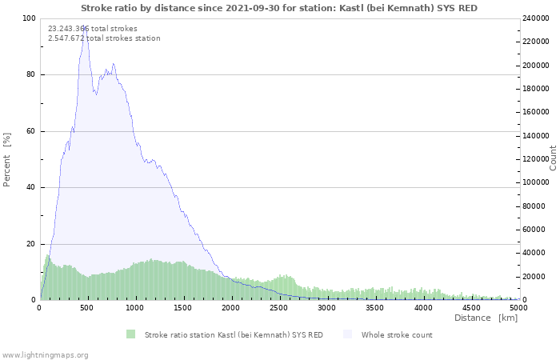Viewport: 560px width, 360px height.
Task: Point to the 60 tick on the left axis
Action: click(31, 131)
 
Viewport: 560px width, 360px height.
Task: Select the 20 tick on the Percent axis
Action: click(31, 244)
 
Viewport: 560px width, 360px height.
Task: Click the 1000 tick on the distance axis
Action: click(135, 307)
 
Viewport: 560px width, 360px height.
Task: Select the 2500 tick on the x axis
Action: click(279, 307)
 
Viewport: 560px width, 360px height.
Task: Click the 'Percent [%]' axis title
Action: click(7, 159)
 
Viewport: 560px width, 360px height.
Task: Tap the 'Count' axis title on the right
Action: click(553, 158)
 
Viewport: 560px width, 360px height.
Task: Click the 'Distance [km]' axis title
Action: click(486, 318)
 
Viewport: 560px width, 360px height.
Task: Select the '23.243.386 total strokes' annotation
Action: click(92, 28)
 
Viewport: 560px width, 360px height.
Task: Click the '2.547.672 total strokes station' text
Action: click(104, 38)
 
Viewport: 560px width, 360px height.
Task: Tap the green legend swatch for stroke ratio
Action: click(130, 334)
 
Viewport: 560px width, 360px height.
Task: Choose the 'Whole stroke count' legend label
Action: click(397, 334)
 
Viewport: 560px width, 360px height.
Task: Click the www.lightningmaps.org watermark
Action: click(45, 354)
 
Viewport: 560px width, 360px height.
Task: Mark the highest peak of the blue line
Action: click(85, 27)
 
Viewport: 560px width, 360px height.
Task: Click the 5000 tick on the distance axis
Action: click(518, 307)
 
